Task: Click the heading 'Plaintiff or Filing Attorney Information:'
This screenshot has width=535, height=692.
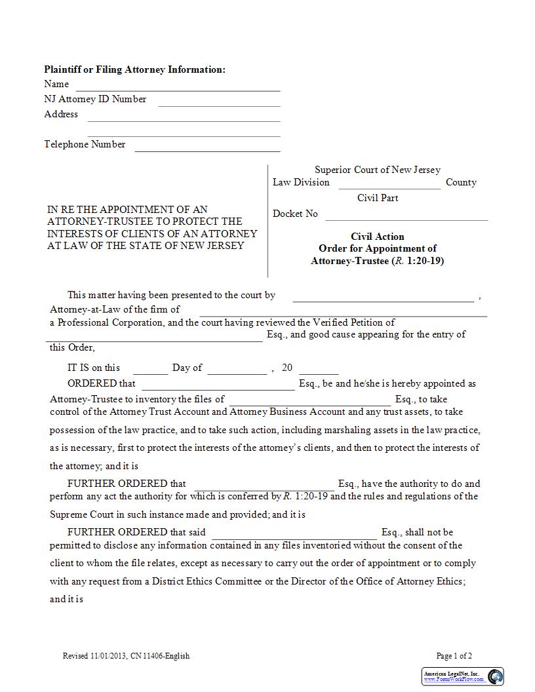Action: pos(134,69)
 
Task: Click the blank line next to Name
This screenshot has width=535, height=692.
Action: pos(178,86)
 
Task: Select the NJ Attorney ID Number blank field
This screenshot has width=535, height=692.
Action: pos(219,101)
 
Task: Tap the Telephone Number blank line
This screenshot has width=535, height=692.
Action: pos(207,146)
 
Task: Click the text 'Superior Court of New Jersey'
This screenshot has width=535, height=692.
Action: pos(378,170)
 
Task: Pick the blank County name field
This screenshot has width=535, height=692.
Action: pos(389,184)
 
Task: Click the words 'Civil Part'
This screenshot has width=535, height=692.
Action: pos(378,198)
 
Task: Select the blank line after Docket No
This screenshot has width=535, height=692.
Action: pos(406,216)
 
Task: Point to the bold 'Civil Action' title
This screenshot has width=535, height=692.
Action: pos(378,237)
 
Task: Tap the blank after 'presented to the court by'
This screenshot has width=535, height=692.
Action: pos(383,297)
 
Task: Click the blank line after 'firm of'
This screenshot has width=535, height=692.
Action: pos(343,311)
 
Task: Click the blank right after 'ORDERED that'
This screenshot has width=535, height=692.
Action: pos(218,385)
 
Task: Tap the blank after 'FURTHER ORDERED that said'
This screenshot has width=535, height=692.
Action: pos(294,533)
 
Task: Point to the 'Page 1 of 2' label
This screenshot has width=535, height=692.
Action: pos(454,656)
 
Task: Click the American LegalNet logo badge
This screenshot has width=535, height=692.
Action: pos(462,676)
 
